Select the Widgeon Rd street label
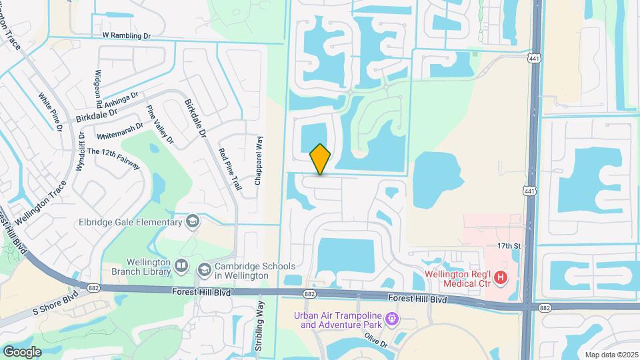coord(99,89)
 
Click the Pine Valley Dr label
coord(160,125)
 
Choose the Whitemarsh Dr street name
coord(120,129)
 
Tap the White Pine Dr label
coord(51,111)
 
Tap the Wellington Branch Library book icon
coord(181,267)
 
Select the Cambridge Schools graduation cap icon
coord(204,269)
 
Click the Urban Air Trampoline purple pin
coord(393,320)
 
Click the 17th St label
coord(508,246)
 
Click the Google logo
coord(22,351)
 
